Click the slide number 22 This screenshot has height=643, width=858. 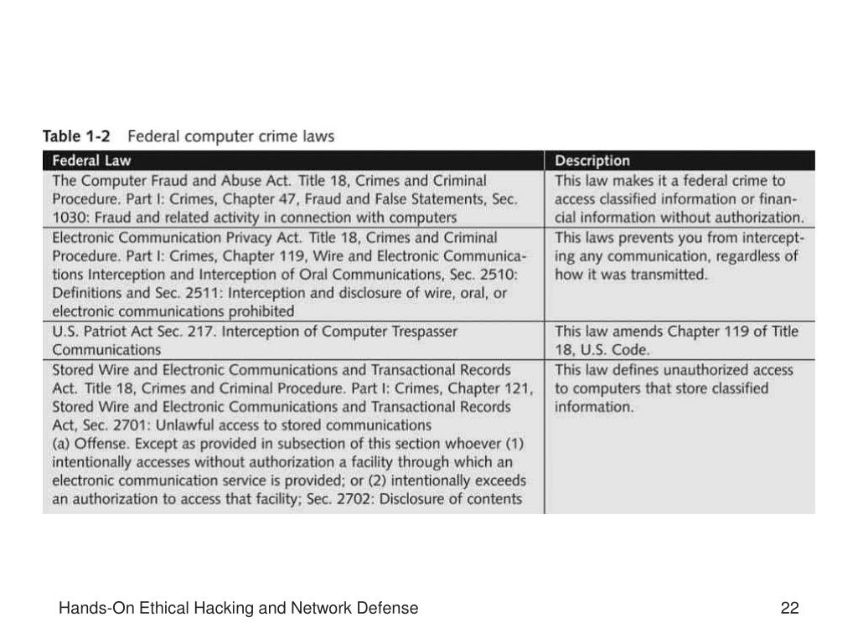pos(789,609)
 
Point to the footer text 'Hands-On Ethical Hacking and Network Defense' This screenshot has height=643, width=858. pos(238,609)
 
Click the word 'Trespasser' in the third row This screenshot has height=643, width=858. pos(422,332)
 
